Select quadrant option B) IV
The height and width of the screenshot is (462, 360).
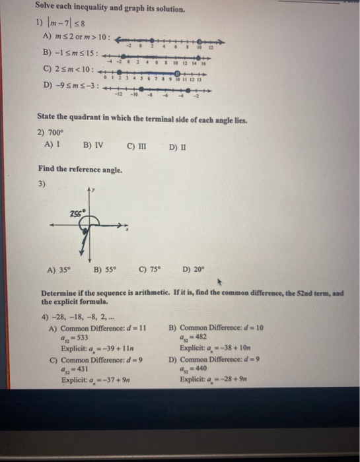pyautogui.click(x=93, y=144)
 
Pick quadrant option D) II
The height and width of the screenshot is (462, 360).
pyautogui.click(x=177, y=144)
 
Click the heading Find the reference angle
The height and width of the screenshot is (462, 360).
pyautogui.click(x=80, y=170)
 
